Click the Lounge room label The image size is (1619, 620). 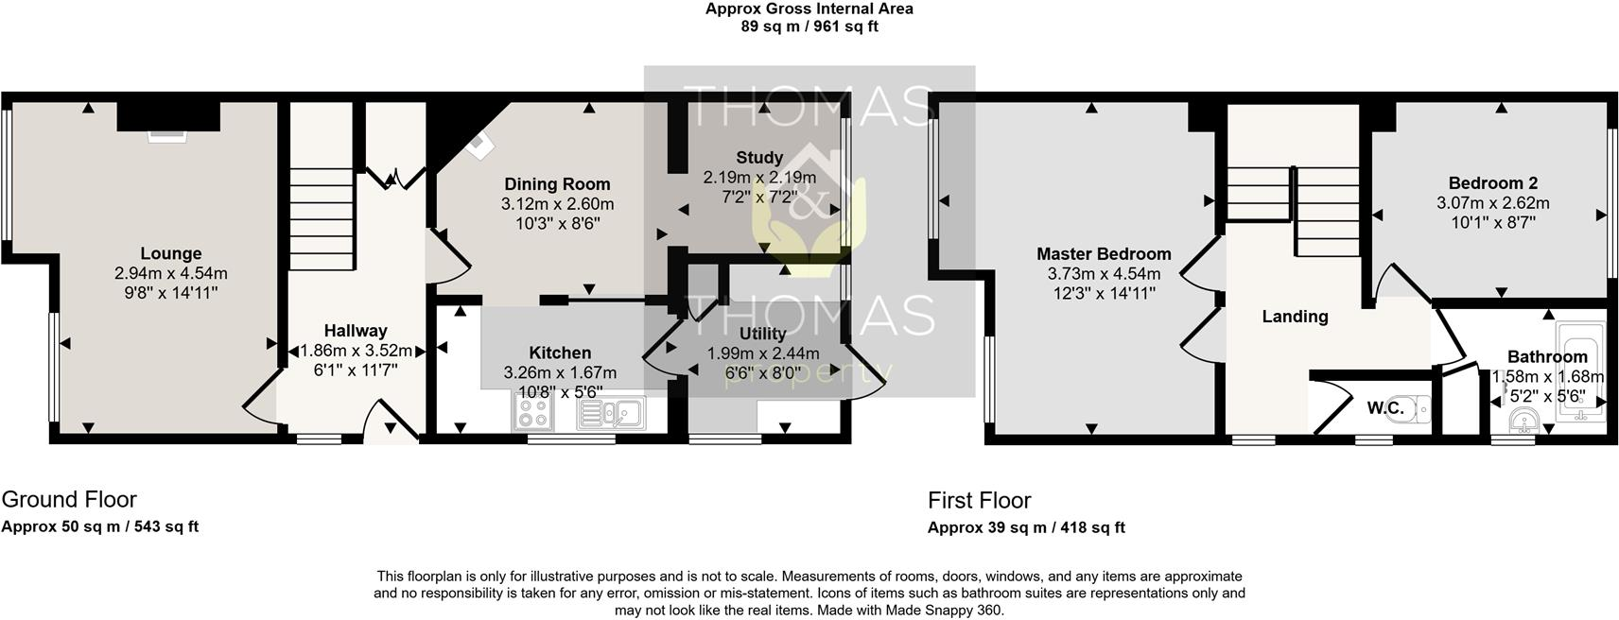point(170,253)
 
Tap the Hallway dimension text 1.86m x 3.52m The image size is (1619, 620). point(356,350)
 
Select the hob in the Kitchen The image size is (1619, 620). point(532,413)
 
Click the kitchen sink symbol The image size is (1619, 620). point(610,413)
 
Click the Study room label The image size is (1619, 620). point(759,158)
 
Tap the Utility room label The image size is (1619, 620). point(762,334)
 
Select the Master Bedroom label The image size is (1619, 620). point(1103,253)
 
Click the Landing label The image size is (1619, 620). point(1295,317)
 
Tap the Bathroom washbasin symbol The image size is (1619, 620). point(1523,420)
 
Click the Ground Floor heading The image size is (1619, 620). point(69,499)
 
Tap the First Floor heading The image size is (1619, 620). point(979,500)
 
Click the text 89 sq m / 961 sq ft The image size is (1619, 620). point(809,26)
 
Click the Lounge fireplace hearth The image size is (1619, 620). point(167,136)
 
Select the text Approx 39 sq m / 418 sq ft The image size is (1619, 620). point(1025,527)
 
